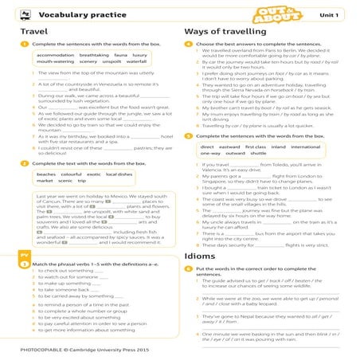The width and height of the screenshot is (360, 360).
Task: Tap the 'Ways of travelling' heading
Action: pyautogui.click(x=218, y=31)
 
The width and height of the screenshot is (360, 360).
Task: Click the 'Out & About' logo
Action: pyautogui.click(x=285, y=14)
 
